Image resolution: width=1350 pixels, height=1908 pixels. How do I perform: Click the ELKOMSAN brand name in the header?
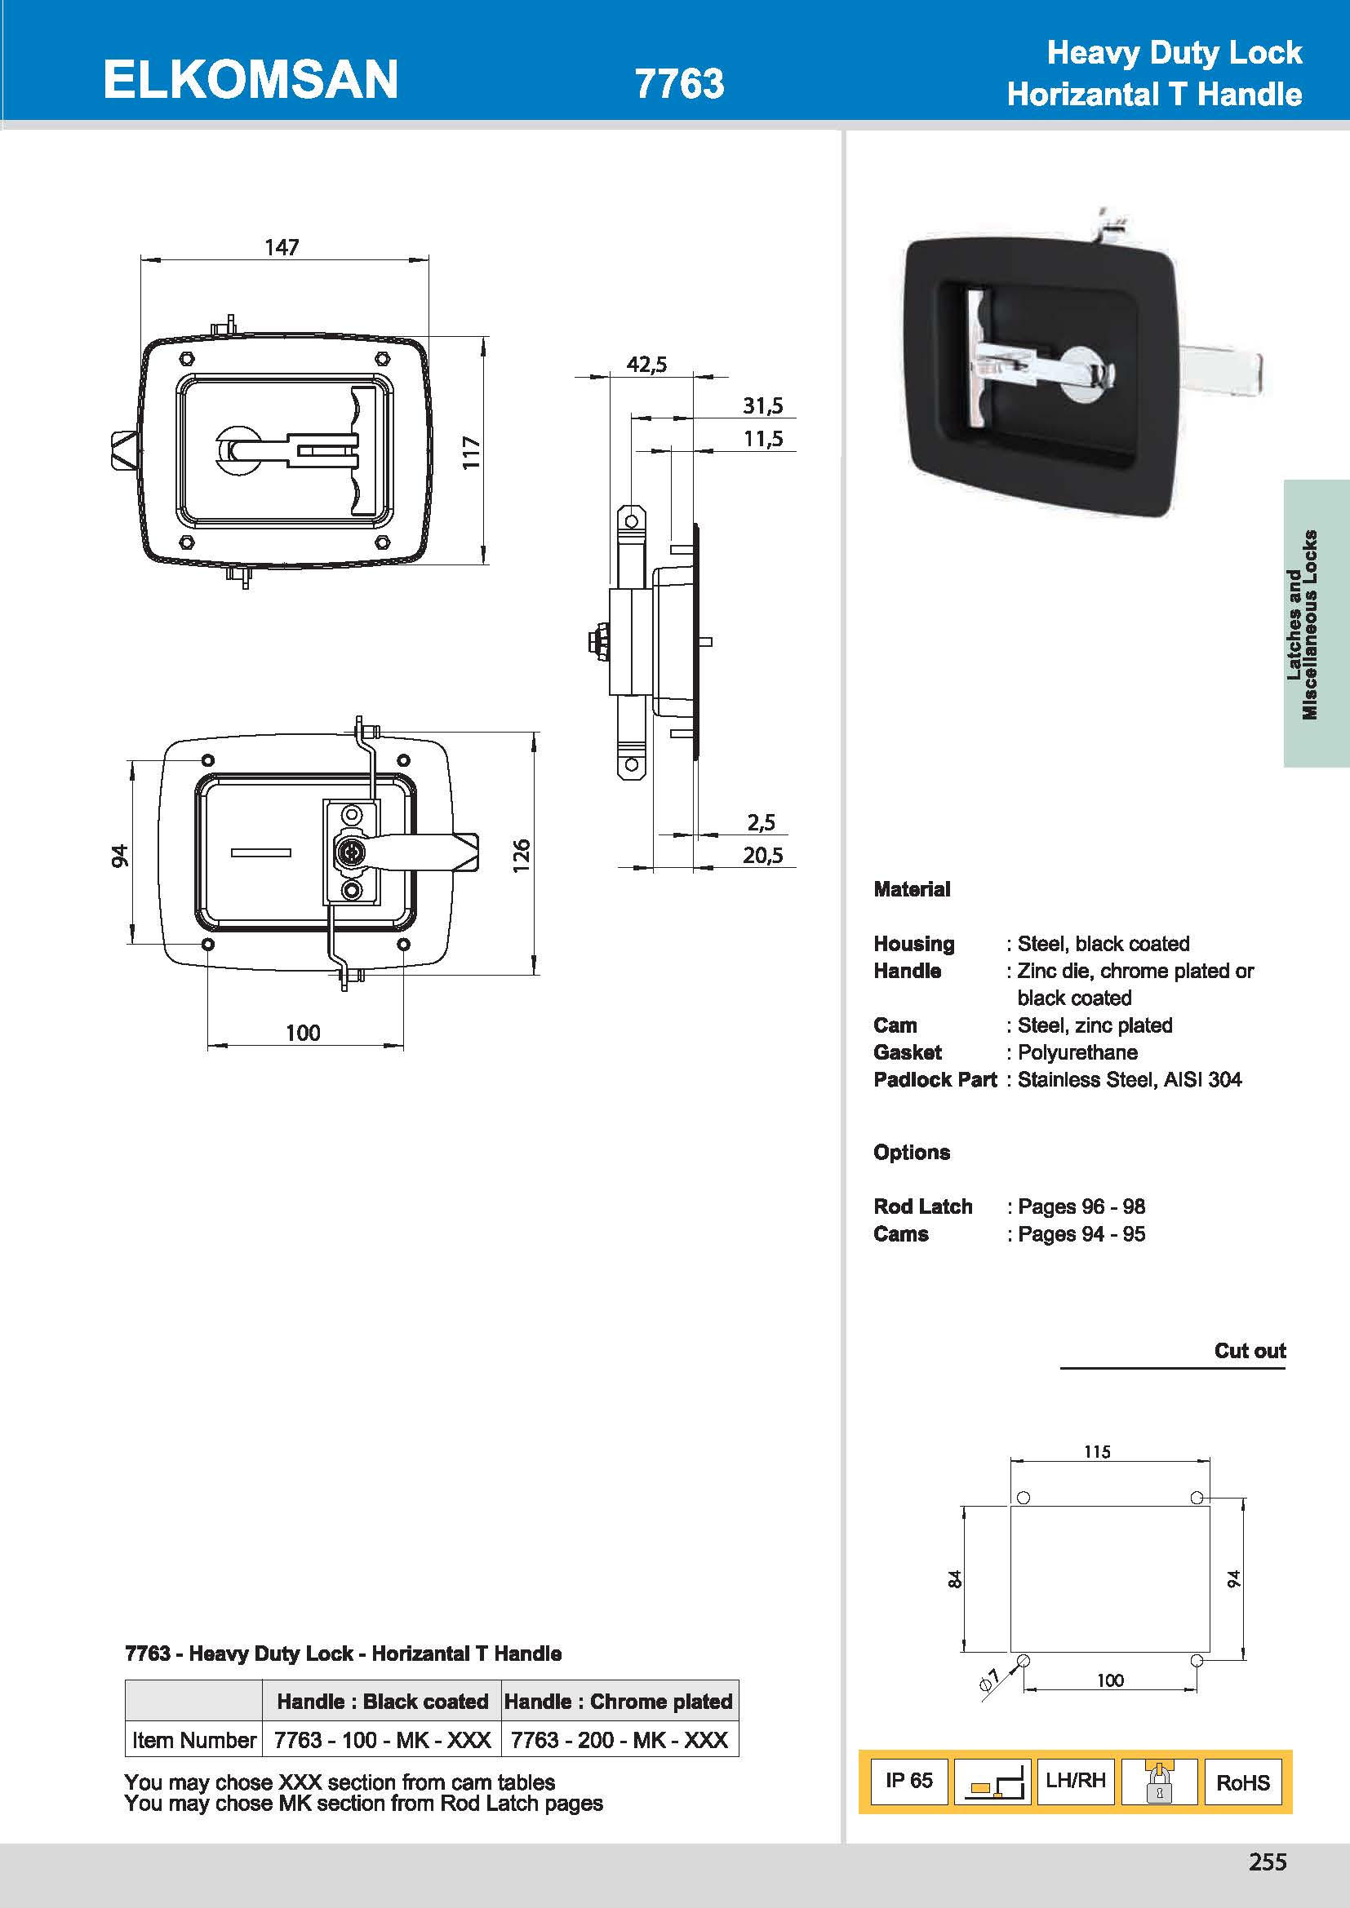click(x=251, y=80)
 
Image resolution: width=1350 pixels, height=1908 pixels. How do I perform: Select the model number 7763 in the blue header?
click(x=679, y=84)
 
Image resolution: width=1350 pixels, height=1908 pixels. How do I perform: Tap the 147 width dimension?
click(x=282, y=247)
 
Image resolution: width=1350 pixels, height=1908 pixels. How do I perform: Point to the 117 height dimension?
click(x=471, y=452)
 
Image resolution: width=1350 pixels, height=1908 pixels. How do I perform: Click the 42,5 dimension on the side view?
click(x=646, y=364)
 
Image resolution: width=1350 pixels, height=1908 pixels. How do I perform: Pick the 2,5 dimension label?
click(x=761, y=822)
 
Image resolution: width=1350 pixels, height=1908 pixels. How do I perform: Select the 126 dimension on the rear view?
click(x=522, y=855)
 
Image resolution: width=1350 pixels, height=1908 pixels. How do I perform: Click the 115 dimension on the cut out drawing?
click(x=1096, y=1451)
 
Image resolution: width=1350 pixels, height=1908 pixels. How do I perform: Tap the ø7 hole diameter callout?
click(x=989, y=1680)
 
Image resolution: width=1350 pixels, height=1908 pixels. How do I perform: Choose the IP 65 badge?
click(x=908, y=1780)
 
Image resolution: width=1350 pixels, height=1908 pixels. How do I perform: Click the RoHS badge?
click(x=1243, y=1782)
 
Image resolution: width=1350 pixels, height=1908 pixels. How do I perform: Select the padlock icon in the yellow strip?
click(x=1159, y=1781)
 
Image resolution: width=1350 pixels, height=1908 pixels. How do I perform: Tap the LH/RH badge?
click(x=1076, y=1780)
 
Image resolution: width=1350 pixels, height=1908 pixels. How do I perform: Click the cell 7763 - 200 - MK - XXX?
click(x=619, y=1740)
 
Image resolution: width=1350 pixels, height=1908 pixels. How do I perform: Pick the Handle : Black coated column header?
click(x=382, y=1701)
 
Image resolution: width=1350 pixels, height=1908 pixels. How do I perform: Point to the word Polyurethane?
click(x=1077, y=1052)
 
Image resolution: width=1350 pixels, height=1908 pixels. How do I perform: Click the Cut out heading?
click(x=1250, y=1350)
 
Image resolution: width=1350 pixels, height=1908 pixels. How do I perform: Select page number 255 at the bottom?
click(x=1267, y=1862)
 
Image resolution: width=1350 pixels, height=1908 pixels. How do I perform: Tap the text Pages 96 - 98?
click(x=1081, y=1206)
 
